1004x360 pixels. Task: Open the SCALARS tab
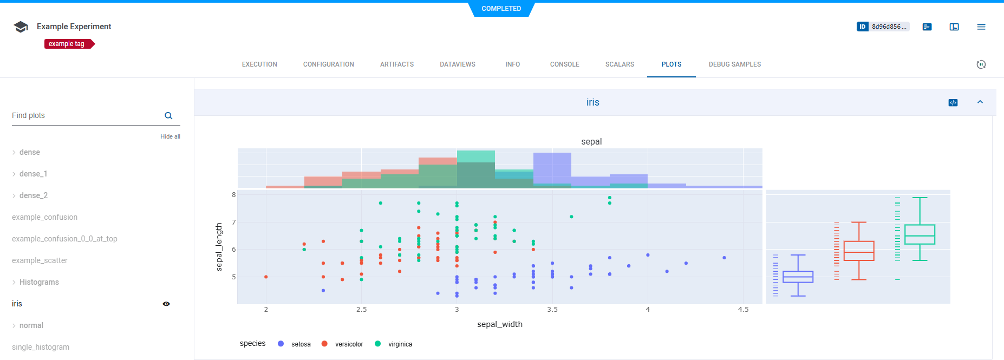[620, 64]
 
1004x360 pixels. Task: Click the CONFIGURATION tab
[328, 64]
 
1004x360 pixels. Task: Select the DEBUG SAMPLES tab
[734, 64]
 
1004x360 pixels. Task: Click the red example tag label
[67, 44]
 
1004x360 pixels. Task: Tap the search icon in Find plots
[168, 116]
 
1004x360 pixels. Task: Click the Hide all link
[170, 136]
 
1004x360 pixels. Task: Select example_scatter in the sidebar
[40, 260]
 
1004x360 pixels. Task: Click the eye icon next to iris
[166, 304]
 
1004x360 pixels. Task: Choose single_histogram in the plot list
[41, 347]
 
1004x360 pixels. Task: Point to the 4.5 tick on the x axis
[743, 310]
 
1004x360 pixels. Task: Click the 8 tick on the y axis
[234, 195]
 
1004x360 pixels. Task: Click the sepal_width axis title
[499, 324]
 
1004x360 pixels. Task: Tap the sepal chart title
[591, 142]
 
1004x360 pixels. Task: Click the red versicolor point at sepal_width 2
[266, 277]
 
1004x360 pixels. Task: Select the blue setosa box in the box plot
[798, 277]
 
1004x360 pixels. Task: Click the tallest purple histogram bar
[552, 169]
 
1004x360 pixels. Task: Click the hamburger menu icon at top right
[981, 27]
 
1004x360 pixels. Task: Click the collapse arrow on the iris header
[980, 102]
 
